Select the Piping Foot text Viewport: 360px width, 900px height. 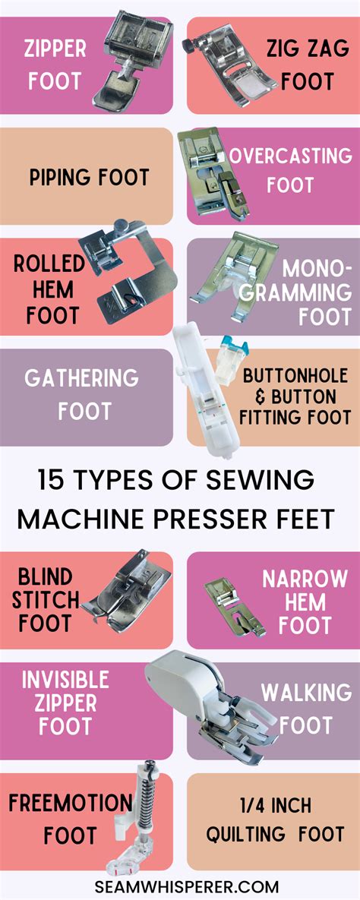(x=90, y=178)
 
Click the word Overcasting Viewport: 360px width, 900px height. (x=291, y=156)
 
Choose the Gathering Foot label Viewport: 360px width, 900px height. (x=81, y=395)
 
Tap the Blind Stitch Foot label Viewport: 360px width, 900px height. (x=46, y=600)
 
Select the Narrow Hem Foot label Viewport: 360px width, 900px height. (x=305, y=602)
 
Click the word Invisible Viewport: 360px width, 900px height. (x=65, y=679)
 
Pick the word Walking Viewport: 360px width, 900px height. (x=306, y=693)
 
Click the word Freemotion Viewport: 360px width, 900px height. (x=70, y=802)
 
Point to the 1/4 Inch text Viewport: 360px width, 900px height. (x=279, y=805)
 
